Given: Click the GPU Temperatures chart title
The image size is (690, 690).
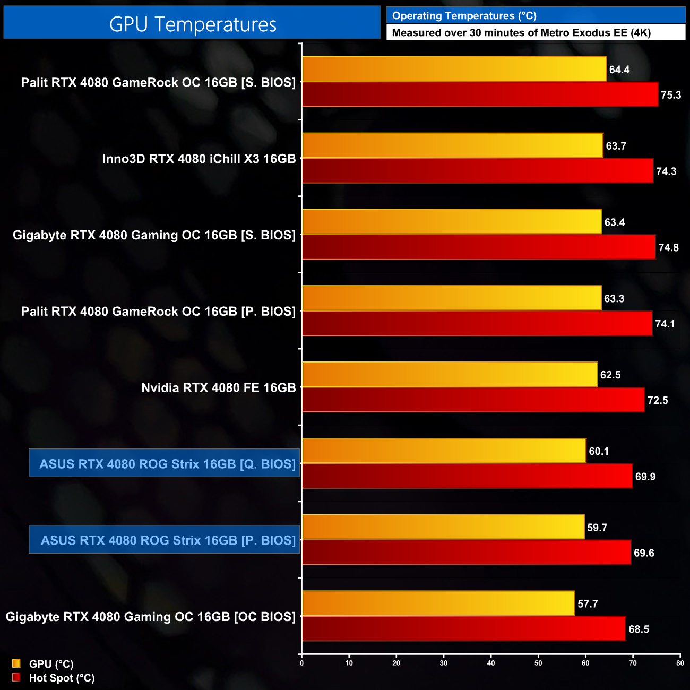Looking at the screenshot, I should tap(192, 24).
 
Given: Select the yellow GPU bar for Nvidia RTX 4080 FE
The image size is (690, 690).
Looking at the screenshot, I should tap(450, 375).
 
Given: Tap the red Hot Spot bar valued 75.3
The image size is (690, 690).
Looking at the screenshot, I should tap(480, 94).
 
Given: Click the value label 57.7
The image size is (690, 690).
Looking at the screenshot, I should tap(588, 604).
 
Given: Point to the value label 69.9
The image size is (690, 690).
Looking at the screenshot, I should tap(645, 477).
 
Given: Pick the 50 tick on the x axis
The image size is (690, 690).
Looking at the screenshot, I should tap(538, 663).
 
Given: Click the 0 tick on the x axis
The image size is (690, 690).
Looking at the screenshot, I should tap(301, 663).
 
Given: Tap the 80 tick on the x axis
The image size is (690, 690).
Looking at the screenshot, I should tap(680, 663).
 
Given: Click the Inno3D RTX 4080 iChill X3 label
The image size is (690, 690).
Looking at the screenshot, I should tap(199, 159).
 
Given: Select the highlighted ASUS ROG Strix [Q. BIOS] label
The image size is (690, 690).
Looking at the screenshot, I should tap(167, 464).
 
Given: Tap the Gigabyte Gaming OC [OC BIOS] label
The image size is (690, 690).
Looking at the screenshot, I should tap(151, 617).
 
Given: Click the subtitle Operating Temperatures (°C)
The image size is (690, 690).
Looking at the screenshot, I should tap(464, 16).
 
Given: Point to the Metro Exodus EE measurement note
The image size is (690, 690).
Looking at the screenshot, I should tap(521, 33).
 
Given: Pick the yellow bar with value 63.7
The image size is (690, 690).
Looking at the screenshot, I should tap(452, 145).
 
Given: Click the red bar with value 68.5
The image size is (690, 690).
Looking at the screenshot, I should tap(463, 629).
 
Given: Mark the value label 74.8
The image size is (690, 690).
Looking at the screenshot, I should tap(668, 248).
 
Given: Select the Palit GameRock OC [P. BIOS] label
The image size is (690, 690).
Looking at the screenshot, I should tap(158, 312).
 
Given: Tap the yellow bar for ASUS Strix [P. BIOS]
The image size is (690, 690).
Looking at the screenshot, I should tap(443, 528).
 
